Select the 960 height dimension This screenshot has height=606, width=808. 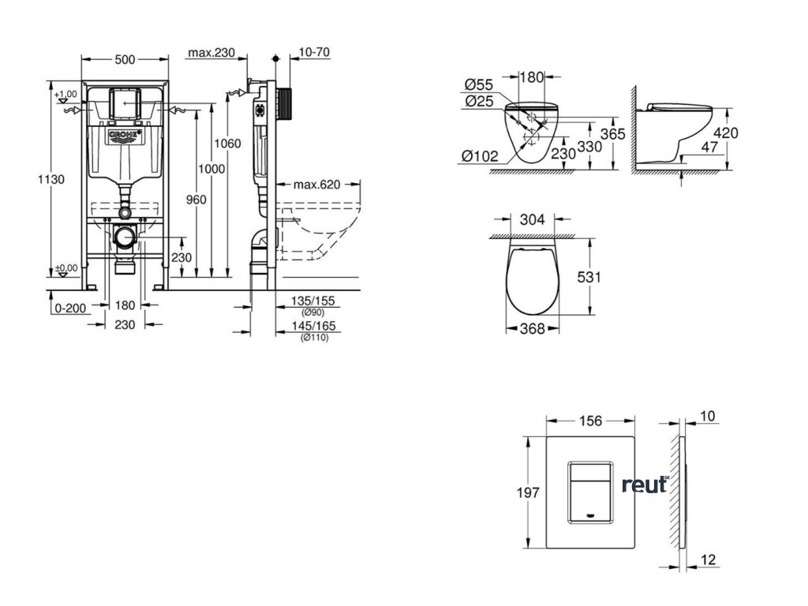[x=196, y=200]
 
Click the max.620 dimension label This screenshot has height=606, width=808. [x=316, y=185]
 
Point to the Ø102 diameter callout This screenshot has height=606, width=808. [x=481, y=156]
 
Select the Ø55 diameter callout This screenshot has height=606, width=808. [x=480, y=84]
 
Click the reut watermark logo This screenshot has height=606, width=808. [x=645, y=484]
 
